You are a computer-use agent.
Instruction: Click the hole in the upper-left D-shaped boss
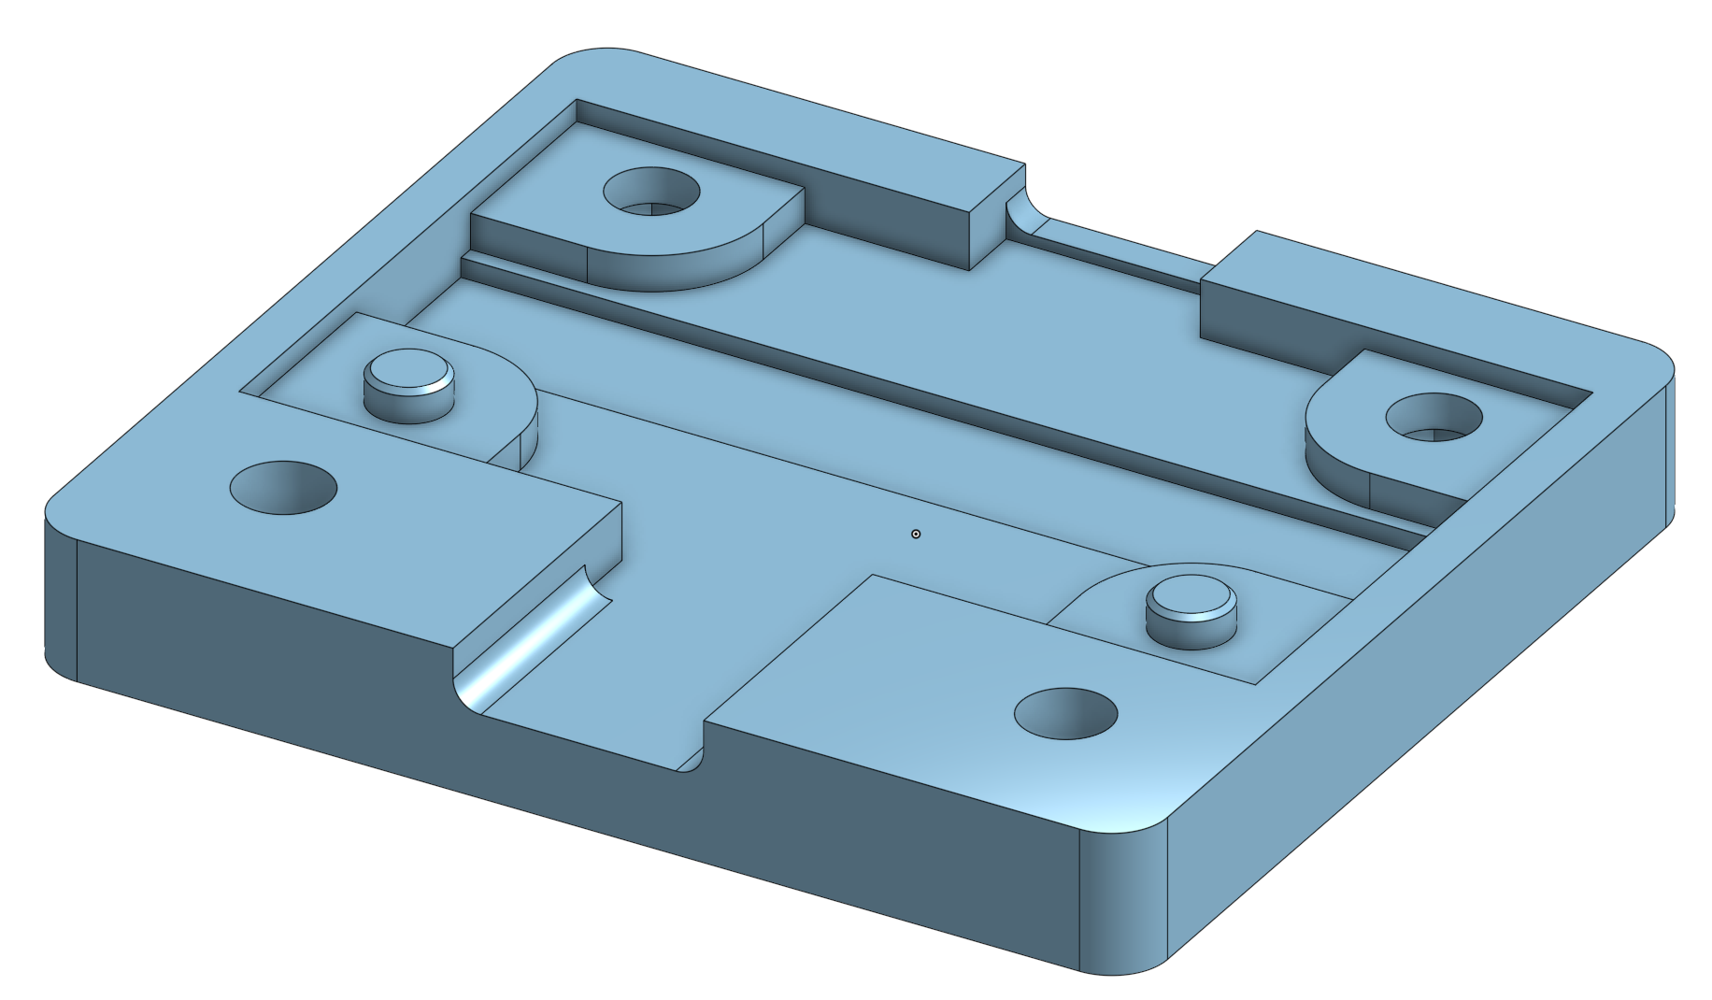[x=651, y=193]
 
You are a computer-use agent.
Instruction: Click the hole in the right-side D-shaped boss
[x=1434, y=418]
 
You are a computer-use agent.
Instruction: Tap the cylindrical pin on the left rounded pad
[x=408, y=374]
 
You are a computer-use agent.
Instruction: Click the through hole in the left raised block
[x=283, y=487]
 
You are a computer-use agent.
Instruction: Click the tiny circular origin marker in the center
[x=916, y=534]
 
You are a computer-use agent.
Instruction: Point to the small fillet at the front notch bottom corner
[x=692, y=763]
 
